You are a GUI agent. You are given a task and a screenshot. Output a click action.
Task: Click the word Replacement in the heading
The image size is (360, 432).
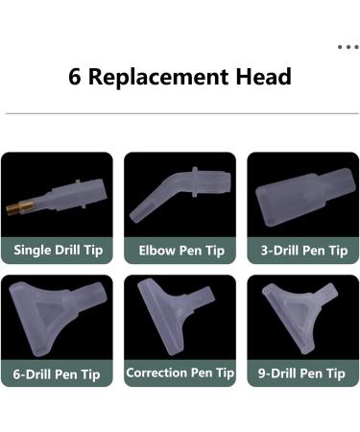point(158,77)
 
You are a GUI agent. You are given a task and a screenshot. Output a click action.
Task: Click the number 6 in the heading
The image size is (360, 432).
point(75,77)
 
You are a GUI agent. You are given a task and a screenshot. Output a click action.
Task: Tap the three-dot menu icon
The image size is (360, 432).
point(348,47)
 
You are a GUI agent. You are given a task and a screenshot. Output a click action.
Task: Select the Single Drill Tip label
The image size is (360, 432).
point(59,250)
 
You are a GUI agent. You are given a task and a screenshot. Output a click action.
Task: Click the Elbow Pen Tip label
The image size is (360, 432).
point(181,251)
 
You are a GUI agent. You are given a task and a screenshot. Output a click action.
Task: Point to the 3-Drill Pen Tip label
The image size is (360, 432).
point(304,251)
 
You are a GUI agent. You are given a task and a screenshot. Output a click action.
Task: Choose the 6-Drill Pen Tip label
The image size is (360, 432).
point(57,374)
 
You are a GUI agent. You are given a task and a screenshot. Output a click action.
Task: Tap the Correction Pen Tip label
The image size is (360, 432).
point(180,372)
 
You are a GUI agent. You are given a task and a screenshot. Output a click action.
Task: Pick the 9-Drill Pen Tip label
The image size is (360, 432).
point(301,373)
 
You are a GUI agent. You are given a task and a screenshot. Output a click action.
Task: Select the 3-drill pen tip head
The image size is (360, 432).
point(305,197)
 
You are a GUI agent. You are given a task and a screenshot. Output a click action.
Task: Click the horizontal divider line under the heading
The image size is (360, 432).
point(182,113)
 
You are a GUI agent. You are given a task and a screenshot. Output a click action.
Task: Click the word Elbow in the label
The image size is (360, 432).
point(156,251)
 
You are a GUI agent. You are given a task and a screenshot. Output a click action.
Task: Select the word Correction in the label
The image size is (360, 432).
point(156,372)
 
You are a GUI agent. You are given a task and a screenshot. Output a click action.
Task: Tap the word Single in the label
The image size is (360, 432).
point(32,250)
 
